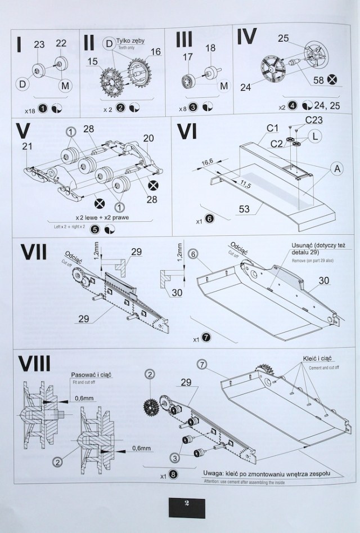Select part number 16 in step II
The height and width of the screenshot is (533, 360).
click(155, 52)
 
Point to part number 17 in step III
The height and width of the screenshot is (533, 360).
click(187, 56)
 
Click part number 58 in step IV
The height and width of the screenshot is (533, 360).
click(318, 80)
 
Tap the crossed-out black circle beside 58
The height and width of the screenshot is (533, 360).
click(333, 80)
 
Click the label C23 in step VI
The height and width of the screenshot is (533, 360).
click(314, 120)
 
